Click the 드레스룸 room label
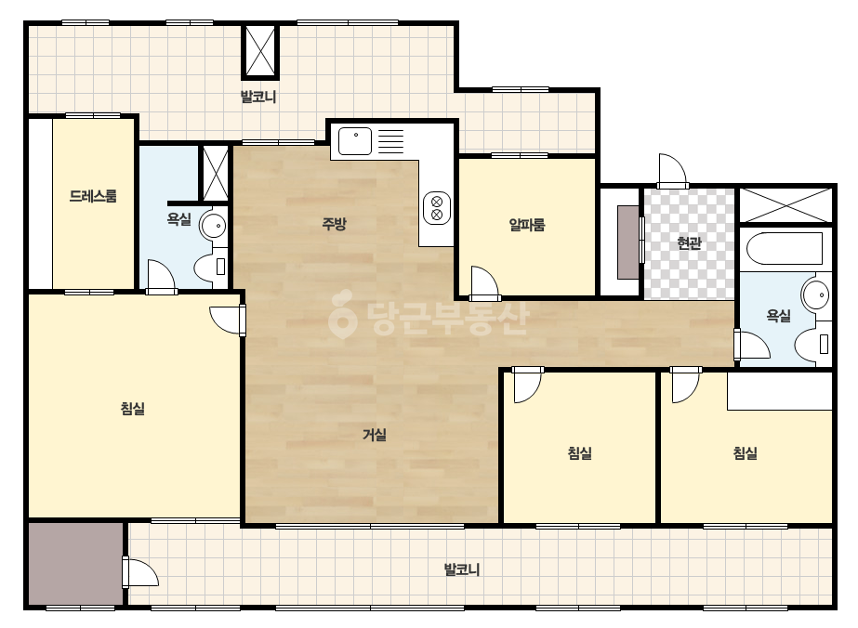93,196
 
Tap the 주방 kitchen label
334,223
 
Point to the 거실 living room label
375,435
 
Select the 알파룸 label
527,225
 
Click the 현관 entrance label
689,242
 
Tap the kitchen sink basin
355,141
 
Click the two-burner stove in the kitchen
437,208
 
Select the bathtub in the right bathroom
785,249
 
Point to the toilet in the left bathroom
211,266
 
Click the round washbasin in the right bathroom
816,294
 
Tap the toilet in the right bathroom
812,344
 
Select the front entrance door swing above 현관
672,171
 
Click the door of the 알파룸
484,283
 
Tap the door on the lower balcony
140,572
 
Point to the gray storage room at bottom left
75,564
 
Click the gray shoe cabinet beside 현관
628,242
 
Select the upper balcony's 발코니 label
258,98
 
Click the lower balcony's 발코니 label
462,570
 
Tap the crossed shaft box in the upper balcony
260,51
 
